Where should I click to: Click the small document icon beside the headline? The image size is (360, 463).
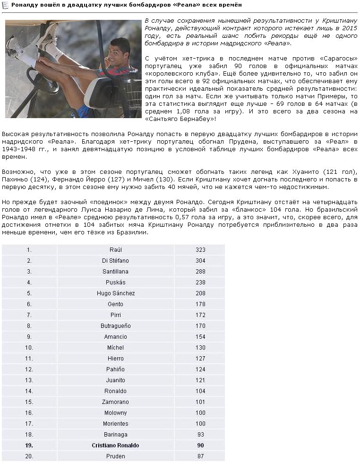6,5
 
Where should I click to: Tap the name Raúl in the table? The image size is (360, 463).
115,250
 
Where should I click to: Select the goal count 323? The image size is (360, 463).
200,250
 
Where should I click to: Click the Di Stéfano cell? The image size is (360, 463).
115,261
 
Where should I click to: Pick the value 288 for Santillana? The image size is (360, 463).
200,272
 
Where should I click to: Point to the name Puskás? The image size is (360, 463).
115,283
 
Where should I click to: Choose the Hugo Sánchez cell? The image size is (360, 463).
115,293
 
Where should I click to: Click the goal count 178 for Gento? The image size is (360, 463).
200,304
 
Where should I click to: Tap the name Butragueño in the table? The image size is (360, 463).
115,326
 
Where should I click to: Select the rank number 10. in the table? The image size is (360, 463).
29,348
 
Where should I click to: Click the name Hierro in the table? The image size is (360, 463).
115,359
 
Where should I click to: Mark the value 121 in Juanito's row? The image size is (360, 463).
200,380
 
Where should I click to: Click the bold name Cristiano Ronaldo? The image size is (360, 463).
115,446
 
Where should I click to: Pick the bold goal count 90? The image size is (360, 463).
200,446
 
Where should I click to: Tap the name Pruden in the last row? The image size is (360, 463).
115,456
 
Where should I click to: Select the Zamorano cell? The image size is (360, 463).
115,402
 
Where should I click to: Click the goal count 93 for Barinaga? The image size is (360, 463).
200,435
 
